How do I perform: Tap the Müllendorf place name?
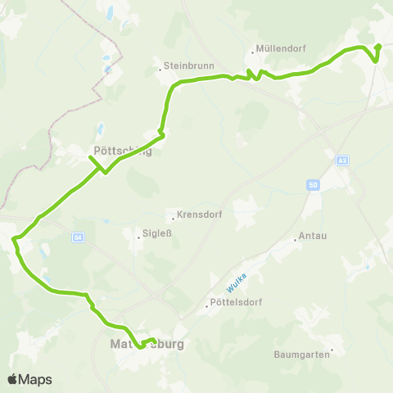[x=281, y=48]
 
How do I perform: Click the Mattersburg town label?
[x=147, y=344]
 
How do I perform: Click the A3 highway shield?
[x=341, y=161]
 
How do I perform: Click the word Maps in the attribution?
[x=36, y=379]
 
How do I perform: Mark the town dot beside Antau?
[x=296, y=240]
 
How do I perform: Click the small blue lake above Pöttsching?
[x=100, y=129]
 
